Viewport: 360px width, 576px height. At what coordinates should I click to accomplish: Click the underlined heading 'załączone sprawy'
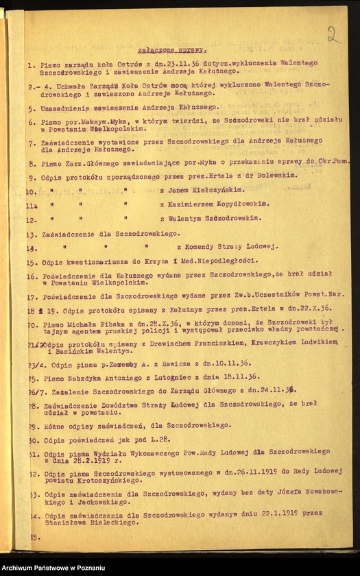coord(182,50)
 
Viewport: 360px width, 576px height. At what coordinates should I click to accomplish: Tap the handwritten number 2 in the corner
coord(334,34)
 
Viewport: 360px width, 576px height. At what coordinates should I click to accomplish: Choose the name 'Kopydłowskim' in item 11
coord(219,204)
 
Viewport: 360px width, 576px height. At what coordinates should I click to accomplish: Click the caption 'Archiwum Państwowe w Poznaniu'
coord(54,568)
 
